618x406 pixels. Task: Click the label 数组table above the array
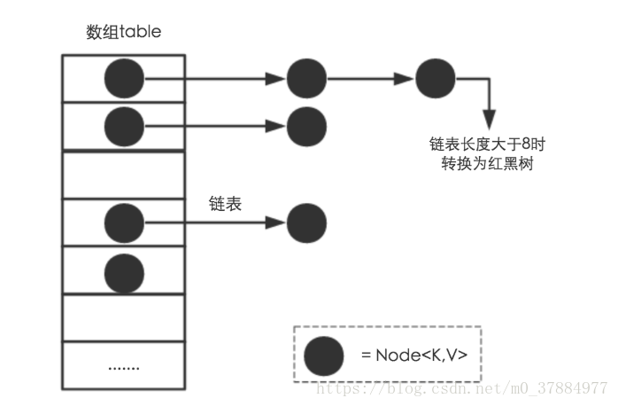(x=123, y=33)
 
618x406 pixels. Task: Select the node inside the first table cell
(x=124, y=79)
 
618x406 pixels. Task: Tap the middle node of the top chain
(x=306, y=79)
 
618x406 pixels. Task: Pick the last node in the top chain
(x=436, y=79)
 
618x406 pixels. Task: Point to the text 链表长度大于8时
(x=489, y=144)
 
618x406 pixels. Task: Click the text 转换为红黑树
(x=489, y=165)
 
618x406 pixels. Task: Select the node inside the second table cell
(x=124, y=125)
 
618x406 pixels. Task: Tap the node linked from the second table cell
(x=306, y=125)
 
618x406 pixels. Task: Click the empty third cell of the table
(x=123, y=175)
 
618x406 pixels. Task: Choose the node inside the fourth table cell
(x=124, y=222)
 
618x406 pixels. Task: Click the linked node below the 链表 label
(x=306, y=222)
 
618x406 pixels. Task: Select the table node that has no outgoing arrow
(x=124, y=269)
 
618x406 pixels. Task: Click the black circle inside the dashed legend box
(x=324, y=355)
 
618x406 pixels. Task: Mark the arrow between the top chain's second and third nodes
(x=371, y=79)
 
